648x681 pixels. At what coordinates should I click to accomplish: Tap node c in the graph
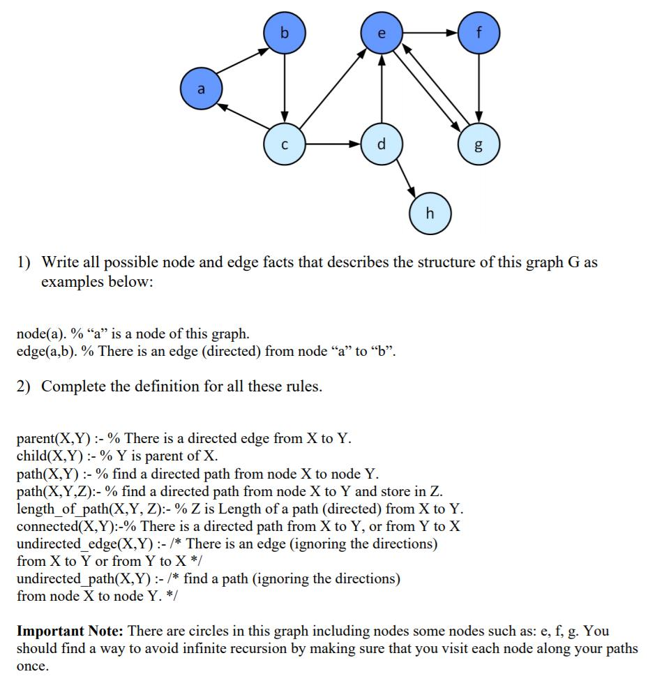pyautogui.click(x=284, y=145)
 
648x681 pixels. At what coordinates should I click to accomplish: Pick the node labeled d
pyautogui.click(x=381, y=145)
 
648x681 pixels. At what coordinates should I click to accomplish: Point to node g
pyautogui.click(x=479, y=145)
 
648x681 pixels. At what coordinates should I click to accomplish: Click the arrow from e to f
pyautogui.click(x=430, y=33)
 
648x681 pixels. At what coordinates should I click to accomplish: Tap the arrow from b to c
pyautogui.click(x=284, y=89)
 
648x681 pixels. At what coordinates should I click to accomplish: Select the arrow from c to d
pyautogui.click(x=333, y=145)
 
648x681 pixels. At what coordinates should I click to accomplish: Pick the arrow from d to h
pyautogui.click(x=405, y=179)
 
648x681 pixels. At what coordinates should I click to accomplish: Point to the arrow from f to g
pyautogui.click(x=479, y=89)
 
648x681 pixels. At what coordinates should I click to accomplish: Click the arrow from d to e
pyautogui.click(x=381, y=89)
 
